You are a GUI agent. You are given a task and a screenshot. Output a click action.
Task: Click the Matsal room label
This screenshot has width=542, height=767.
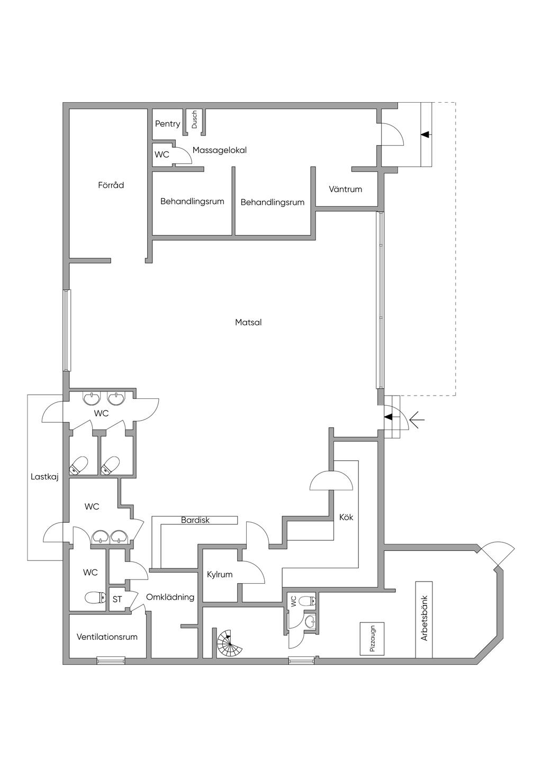point(248,322)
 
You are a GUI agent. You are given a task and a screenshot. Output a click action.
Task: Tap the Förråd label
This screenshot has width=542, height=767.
point(111,185)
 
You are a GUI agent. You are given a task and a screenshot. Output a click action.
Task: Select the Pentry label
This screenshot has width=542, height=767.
point(167,124)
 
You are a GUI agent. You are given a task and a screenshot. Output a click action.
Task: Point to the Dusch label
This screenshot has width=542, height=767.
point(194,119)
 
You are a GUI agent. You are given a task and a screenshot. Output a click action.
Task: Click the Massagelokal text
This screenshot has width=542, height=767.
point(219,150)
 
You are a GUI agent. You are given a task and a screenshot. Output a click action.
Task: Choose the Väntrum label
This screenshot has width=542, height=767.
point(345,189)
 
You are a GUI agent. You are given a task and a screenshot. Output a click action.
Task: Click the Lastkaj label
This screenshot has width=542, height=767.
point(44,477)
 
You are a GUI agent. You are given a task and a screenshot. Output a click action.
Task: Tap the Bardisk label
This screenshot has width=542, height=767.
point(195,520)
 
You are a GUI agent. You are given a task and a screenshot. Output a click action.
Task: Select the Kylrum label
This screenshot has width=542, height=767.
point(220,575)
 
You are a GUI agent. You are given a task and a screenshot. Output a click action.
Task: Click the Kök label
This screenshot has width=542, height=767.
point(346,517)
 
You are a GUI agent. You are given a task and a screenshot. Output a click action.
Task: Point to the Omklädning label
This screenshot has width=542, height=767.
point(170,597)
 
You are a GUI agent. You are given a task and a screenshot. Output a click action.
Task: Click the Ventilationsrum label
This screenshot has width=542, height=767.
point(107,637)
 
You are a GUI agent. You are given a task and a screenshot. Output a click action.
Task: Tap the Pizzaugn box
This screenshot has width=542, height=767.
point(372,639)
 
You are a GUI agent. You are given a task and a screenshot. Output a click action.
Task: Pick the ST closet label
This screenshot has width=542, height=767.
point(117,599)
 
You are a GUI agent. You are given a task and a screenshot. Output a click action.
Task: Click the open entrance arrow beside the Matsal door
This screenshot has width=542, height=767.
point(417,419)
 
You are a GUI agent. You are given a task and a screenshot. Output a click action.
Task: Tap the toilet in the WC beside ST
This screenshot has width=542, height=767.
point(95,598)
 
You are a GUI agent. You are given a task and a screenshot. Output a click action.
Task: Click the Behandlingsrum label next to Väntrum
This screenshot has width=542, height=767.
point(273,202)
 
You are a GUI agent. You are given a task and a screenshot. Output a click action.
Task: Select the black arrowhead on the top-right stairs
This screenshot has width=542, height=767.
point(425,135)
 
